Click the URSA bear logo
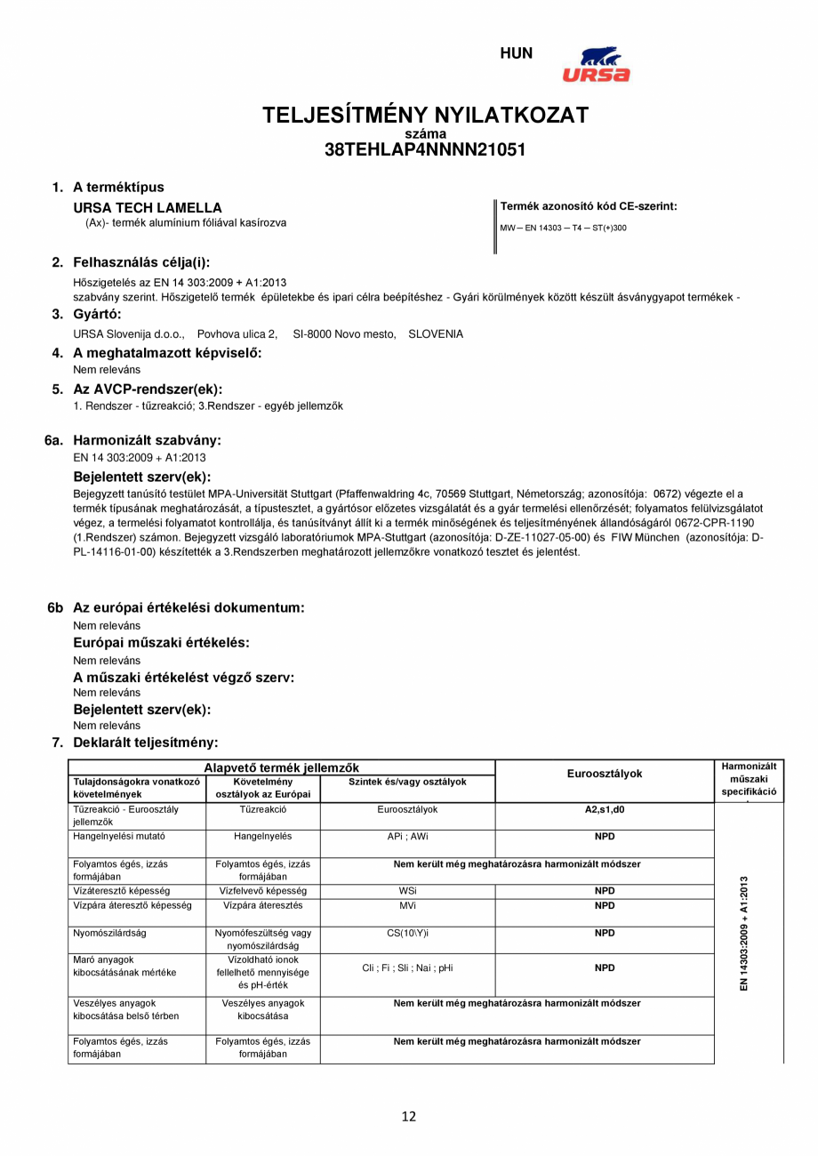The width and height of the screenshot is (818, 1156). [x=596, y=64]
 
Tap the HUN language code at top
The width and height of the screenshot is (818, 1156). [x=517, y=53]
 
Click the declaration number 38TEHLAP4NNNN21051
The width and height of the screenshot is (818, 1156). [x=425, y=150]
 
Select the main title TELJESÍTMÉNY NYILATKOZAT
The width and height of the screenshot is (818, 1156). [x=425, y=116]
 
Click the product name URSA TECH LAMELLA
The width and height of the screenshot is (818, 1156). [x=148, y=208]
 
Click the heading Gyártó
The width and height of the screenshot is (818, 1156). [x=97, y=314]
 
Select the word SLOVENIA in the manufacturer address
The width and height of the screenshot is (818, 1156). [x=436, y=334]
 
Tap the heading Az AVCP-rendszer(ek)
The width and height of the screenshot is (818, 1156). [x=148, y=389]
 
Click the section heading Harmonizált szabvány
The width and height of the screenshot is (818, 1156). [x=147, y=440]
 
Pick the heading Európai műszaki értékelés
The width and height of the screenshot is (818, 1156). [x=161, y=642]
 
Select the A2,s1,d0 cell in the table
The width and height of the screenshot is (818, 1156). [x=605, y=810]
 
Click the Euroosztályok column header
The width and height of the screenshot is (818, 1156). [x=605, y=774]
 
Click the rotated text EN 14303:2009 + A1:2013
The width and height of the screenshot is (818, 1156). [x=745, y=933]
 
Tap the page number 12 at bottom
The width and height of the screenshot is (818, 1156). [x=409, y=1117]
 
